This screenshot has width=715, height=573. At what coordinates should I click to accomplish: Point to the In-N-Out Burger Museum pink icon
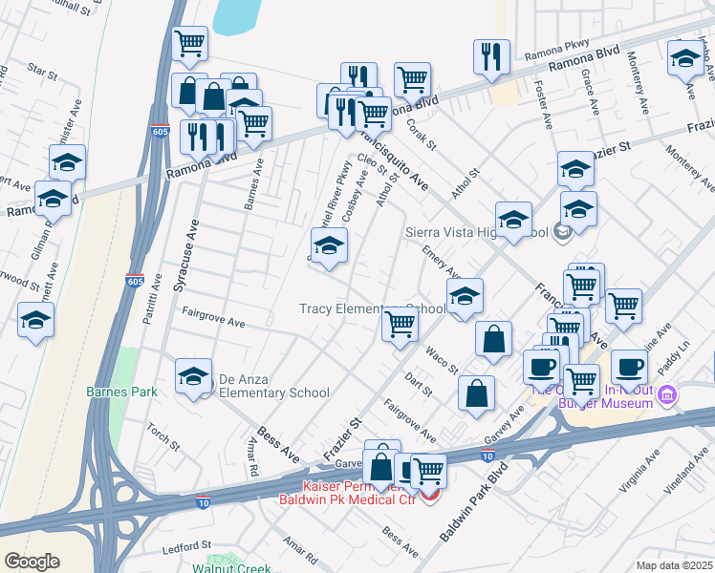[x=667, y=394]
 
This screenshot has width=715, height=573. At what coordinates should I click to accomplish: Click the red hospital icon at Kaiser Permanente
[x=430, y=498]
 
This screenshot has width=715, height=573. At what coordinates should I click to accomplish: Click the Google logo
[x=32, y=561]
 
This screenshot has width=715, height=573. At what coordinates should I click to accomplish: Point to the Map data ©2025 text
[x=675, y=565]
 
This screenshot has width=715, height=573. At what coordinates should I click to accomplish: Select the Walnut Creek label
[x=232, y=568]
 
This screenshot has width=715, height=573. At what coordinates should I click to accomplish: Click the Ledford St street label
[x=186, y=545]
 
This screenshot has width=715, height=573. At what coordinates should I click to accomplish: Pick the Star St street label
[x=43, y=70]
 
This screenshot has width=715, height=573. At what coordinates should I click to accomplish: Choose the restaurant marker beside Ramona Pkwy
[x=491, y=57]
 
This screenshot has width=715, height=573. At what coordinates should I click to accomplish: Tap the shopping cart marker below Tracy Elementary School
[x=400, y=325]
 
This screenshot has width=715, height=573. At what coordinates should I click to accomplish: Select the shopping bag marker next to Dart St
[x=476, y=393]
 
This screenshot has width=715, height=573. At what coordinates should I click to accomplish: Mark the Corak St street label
[x=422, y=135]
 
